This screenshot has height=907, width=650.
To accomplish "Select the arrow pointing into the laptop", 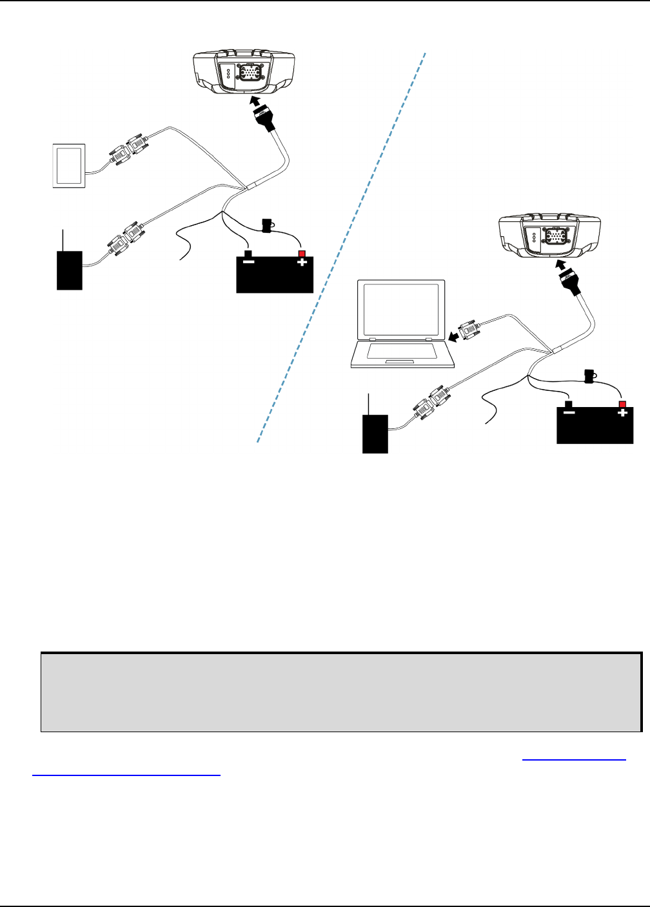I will coord(455,337).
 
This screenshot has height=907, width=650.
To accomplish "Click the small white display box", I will coord(68,166).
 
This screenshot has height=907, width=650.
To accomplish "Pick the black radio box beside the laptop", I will coord(375,434).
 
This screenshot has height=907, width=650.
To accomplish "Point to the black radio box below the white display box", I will coord(70,270).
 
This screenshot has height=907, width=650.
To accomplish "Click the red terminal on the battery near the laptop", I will coord(622,404).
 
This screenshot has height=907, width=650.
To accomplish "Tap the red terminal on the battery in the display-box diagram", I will coord(301,254).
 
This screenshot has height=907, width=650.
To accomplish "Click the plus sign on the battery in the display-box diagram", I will coord(301,263).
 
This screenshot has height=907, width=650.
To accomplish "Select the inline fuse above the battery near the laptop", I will coord(588,375).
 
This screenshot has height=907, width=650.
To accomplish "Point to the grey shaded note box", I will coord(341,692).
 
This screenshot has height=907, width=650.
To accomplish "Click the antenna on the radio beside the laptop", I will coord(368,404).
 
